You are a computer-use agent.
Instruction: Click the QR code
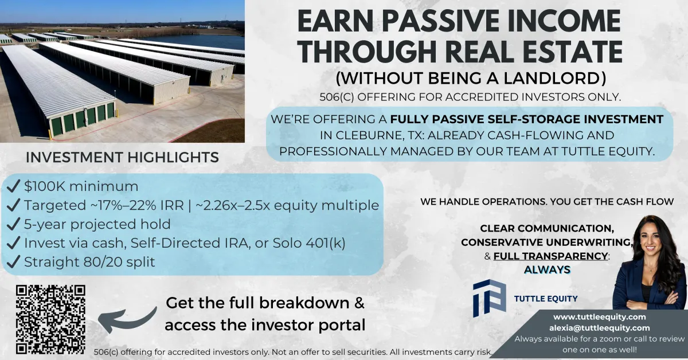[x=50, y=319]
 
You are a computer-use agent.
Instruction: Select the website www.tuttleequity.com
[x=599, y=316]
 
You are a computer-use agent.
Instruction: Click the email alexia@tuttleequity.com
[x=599, y=328]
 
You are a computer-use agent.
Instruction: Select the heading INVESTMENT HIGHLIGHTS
[x=122, y=157]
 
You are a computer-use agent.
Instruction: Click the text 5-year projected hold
[x=97, y=224]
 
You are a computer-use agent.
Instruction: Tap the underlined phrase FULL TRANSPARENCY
[x=550, y=256]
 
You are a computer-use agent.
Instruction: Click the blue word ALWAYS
[x=547, y=269]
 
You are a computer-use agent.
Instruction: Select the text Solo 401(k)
[x=309, y=243]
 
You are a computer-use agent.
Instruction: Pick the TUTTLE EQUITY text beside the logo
[x=546, y=299]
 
